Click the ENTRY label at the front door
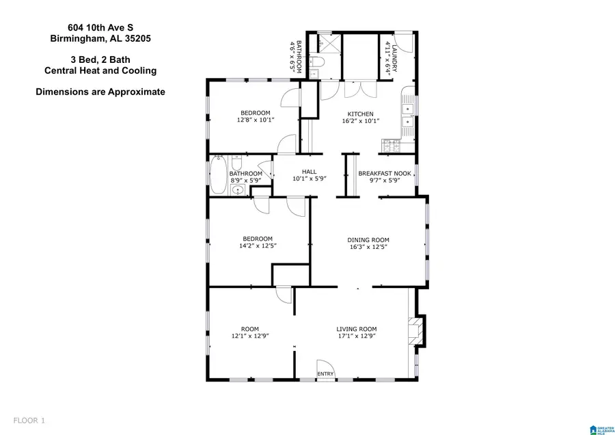point(326,373)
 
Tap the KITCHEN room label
point(361,114)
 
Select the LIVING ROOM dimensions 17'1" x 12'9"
point(356,336)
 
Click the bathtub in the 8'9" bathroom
point(217,175)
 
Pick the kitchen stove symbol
point(393,145)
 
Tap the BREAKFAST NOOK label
point(385,174)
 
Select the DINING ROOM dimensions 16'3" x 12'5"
point(368,247)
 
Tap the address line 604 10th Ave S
point(100,27)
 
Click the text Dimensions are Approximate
point(100,92)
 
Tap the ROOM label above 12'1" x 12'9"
point(250,328)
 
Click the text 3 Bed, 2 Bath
point(100,60)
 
